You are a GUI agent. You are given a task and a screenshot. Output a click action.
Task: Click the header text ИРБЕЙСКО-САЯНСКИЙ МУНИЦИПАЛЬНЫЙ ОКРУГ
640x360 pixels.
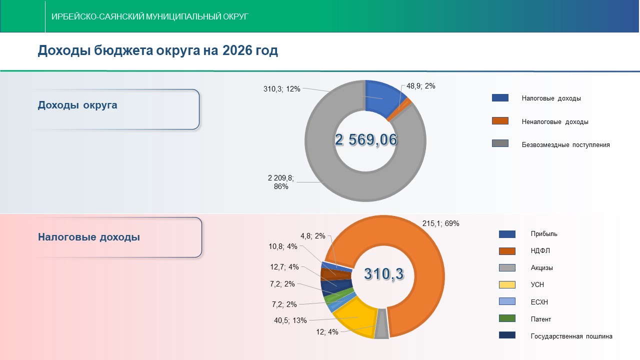tap(150, 16)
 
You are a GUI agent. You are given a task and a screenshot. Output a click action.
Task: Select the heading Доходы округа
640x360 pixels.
tap(77, 105)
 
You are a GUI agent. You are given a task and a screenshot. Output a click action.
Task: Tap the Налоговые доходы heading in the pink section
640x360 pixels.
tap(89, 237)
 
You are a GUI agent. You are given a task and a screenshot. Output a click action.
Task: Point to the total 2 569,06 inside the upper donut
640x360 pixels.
tap(366, 140)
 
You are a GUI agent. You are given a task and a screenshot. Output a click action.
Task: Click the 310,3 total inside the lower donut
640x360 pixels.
tap(383, 273)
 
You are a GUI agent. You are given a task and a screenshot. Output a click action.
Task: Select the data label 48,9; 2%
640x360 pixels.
tap(420, 86)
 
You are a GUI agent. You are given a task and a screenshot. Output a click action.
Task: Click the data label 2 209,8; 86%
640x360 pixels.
tap(281, 182)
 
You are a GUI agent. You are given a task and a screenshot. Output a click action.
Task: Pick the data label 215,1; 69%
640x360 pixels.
tap(440, 223)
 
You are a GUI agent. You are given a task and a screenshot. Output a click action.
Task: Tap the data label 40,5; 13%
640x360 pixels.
tap(290, 320)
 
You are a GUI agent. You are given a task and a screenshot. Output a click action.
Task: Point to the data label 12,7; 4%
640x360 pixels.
tap(284, 266)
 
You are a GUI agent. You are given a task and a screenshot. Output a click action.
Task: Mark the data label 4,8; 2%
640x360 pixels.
tap(313, 236)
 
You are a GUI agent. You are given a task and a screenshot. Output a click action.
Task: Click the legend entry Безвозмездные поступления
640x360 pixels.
tap(565, 145)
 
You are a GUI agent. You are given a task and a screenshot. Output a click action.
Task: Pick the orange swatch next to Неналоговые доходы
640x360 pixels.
tap(500, 121)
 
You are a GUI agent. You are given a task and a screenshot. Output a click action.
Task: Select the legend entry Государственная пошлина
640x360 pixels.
tap(571, 336)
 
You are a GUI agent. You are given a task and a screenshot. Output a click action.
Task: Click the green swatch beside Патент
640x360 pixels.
tap(507, 318)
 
